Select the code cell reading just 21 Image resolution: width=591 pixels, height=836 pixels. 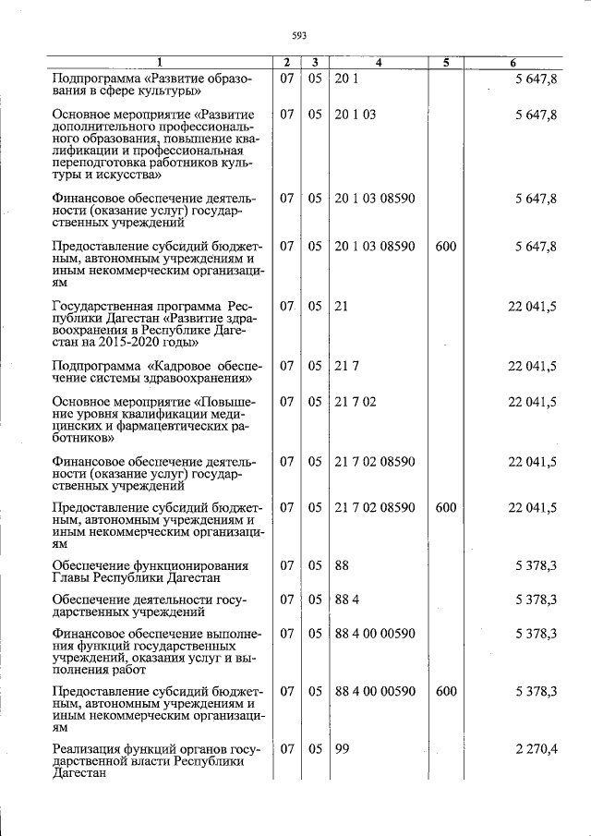[x=342, y=305]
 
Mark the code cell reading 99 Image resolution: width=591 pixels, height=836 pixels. [x=342, y=750]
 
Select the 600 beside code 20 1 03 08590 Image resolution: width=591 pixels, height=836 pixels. [x=445, y=247]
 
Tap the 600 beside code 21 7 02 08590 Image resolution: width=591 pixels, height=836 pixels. [x=445, y=508]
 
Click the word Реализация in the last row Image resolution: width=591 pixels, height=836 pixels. [x=88, y=750]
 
